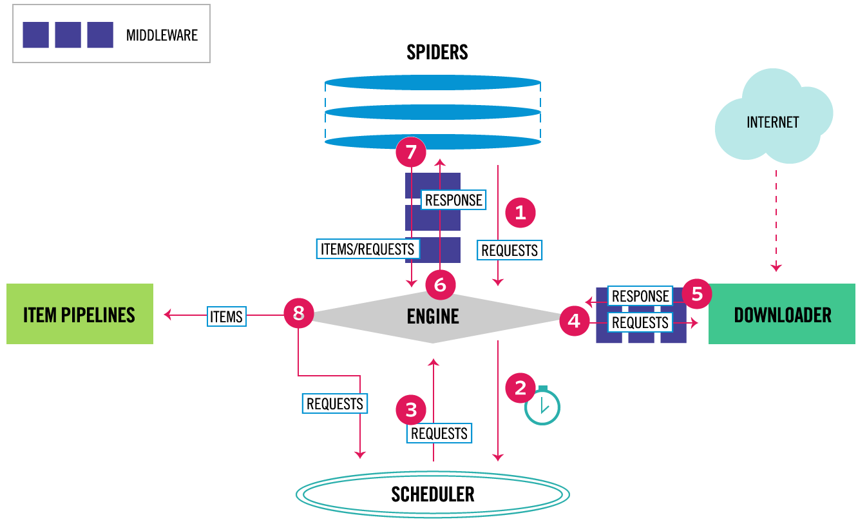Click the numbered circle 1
520,213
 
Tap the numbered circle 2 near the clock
520,388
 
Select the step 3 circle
412,409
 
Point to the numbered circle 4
574,320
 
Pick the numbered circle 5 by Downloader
697,294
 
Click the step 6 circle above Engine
440,284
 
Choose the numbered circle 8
298,314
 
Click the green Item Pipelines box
80,314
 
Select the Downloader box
781,315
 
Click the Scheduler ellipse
433,494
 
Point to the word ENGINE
433,316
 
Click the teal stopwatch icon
542,406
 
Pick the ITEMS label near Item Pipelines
226,316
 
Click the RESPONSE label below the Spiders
453,200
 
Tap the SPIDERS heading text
437,52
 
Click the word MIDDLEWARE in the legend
162,35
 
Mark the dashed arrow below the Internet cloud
776,219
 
